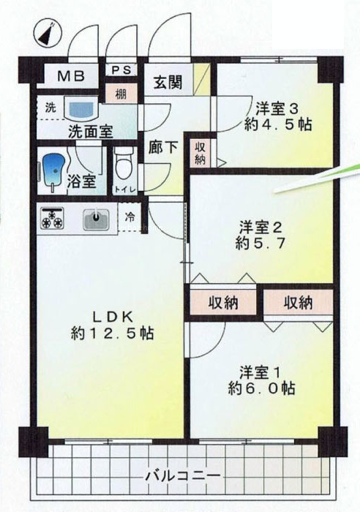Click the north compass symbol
pyautogui.click(x=48, y=34)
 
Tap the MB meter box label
pyautogui.click(x=71, y=76)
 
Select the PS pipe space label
pyautogui.click(x=121, y=70)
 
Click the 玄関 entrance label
pyautogui.click(x=168, y=82)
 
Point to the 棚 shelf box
pyautogui.click(x=121, y=94)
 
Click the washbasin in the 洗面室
pyautogui.click(x=82, y=108)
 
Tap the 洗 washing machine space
pyautogui.click(x=50, y=108)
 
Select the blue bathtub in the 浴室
pyautogui.click(x=53, y=171)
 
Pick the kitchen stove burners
pyautogui.click(x=52, y=218)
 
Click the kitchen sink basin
pyautogui.click(x=96, y=219)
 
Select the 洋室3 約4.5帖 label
pyautogui.click(x=277, y=116)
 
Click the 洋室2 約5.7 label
pyautogui.click(x=260, y=235)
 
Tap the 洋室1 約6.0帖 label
pyautogui.click(x=261, y=380)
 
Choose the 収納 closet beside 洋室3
pyautogui.click(x=200, y=153)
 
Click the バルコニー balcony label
pyautogui.click(x=183, y=475)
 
